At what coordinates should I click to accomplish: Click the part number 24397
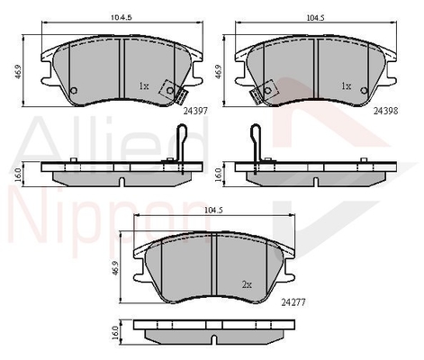(195, 111)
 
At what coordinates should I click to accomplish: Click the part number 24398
(385, 111)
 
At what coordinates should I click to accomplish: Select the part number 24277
(293, 302)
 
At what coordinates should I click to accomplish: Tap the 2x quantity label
(247, 284)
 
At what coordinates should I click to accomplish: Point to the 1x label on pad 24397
(144, 86)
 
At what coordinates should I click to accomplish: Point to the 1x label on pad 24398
(346, 86)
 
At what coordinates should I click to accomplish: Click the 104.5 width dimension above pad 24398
(315, 18)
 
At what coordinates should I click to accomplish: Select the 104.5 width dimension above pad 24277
(213, 211)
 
